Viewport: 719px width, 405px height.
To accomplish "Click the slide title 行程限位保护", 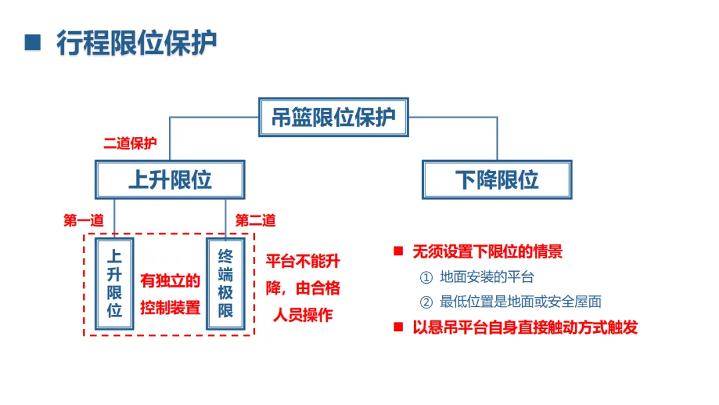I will pos(136,43).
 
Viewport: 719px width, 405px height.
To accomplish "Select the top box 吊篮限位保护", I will pos(333,117).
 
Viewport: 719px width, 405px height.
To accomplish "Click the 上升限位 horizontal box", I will pos(170,179).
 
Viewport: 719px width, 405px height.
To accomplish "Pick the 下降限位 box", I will pos(497,179).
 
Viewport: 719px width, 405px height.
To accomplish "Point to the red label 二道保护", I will pos(130,144).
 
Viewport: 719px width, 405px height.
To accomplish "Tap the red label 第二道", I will pos(256,220).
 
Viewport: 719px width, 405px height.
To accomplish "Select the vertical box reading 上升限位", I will pos(115,283).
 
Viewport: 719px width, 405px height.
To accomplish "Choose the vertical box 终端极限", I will pos(226,283).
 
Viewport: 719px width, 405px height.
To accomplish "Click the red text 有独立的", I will pos(170,281).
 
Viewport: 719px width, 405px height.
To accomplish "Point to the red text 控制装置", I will pos(170,308).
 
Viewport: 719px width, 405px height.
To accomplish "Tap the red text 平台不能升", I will pos(303,261).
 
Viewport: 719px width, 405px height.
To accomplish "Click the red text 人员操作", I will pos(303,315).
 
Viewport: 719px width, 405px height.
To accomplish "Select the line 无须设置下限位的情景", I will pos(487,251).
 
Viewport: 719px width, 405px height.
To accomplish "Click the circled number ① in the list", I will pos(426,277).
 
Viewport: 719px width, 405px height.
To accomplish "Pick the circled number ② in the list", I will pos(426,302).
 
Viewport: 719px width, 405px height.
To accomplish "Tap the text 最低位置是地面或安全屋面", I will pos(521,302).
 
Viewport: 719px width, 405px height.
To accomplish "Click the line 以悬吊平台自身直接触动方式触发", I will pos(525,327).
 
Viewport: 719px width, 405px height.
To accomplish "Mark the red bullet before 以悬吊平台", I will pos(399,326).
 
